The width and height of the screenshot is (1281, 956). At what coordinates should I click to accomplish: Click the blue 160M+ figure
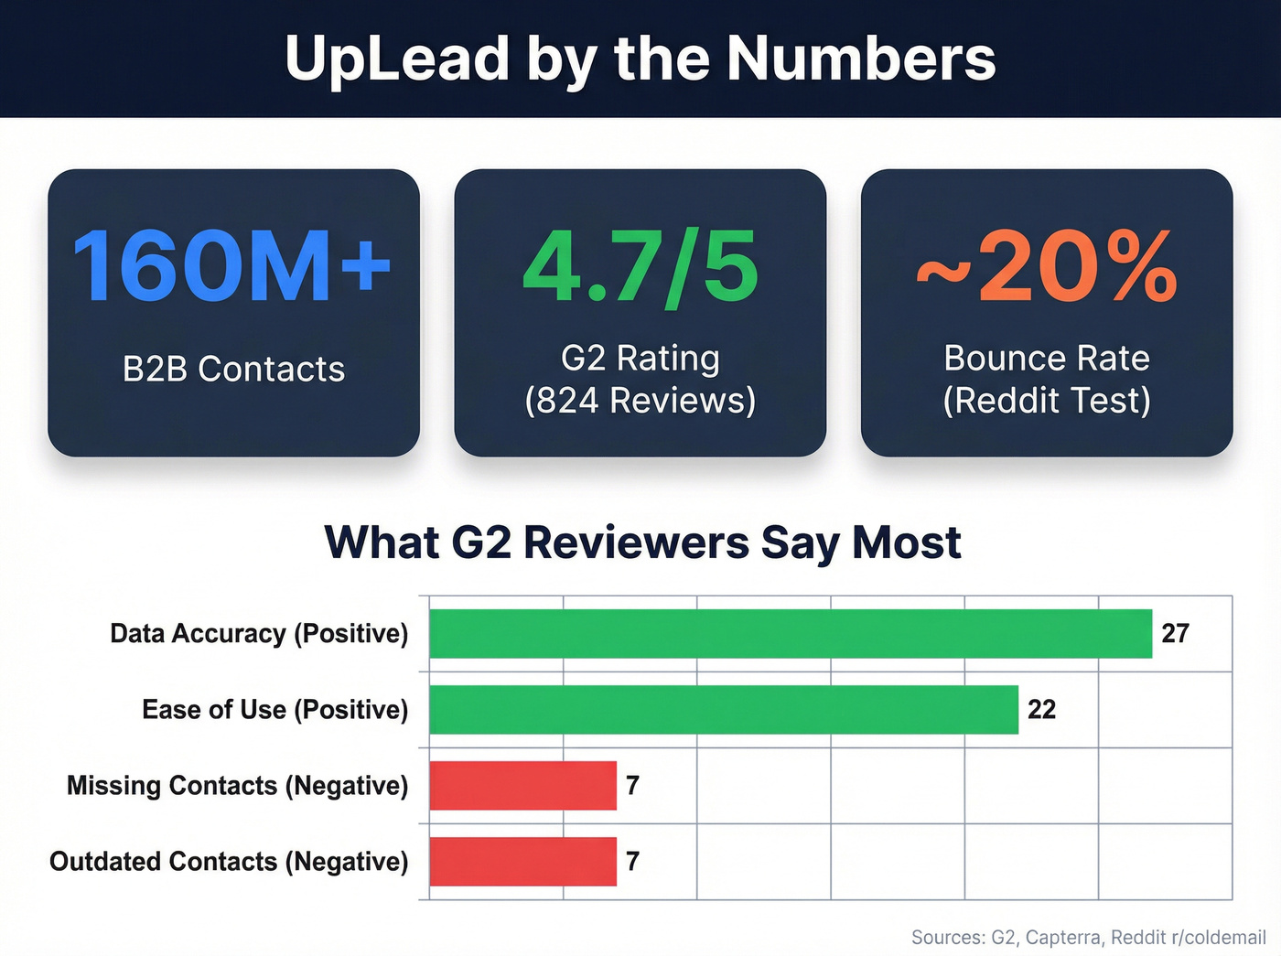tap(232, 266)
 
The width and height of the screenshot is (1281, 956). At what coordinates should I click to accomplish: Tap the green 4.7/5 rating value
tap(640, 266)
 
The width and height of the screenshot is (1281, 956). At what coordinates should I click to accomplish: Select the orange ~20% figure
tap(1047, 266)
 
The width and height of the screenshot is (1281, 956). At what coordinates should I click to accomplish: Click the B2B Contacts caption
tap(233, 369)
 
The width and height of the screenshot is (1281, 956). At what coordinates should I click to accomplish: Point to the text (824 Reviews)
tap(640, 401)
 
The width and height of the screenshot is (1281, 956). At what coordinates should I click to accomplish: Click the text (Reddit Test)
tap(1047, 401)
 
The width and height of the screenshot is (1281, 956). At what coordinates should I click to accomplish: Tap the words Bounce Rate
tap(1047, 358)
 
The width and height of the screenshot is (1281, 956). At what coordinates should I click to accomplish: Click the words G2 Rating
tap(640, 358)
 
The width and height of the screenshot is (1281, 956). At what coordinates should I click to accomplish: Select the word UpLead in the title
tap(396, 59)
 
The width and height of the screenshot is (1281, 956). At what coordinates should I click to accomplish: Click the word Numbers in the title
tap(860, 59)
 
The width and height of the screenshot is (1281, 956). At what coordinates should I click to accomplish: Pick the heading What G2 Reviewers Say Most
tap(642, 542)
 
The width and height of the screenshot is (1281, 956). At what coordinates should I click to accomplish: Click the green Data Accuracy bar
tap(791, 633)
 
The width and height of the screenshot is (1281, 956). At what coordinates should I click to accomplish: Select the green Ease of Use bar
tap(723, 709)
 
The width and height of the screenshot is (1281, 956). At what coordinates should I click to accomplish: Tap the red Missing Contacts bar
tap(522, 785)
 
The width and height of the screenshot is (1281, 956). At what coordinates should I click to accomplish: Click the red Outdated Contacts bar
tap(522, 861)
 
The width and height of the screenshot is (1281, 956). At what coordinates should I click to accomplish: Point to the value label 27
tap(1175, 633)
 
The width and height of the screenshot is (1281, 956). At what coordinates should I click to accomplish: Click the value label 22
tap(1041, 709)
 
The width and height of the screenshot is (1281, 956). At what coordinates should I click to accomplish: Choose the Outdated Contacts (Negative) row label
tap(229, 861)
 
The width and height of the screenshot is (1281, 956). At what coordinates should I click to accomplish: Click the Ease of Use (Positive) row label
tap(274, 709)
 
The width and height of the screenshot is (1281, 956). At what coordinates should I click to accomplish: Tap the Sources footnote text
tap(1088, 937)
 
